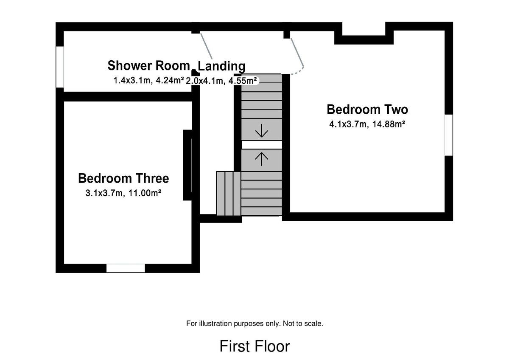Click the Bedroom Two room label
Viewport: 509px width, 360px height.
[x=367, y=110]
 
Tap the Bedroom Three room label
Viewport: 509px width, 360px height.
[x=123, y=178]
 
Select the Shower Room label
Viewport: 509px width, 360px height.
[x=148, y=66]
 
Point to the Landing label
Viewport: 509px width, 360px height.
[x=221, y=66]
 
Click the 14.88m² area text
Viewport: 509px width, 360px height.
[x=389, y=124]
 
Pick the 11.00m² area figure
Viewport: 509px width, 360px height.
[x=145, y=193]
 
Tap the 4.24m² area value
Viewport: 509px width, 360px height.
[x=170, y=80]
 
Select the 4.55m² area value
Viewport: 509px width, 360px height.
[x=243, y=81]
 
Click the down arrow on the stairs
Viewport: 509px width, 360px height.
[x=262, y=130]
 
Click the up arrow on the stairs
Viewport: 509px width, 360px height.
[x=262, y=159]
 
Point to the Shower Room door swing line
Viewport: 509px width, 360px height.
[x=206, y=46]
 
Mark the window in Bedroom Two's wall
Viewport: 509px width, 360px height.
[x=449, y=135]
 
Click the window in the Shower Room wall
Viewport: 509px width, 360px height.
[x=60, y=67]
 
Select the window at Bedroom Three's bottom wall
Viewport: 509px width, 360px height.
[x=126, y=268]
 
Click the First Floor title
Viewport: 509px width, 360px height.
[x=255, y=346]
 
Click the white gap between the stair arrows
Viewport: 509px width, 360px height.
[x=262, y=145]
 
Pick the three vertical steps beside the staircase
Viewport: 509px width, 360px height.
[x=229, y=193]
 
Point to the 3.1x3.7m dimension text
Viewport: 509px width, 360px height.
[x=104, y=193]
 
